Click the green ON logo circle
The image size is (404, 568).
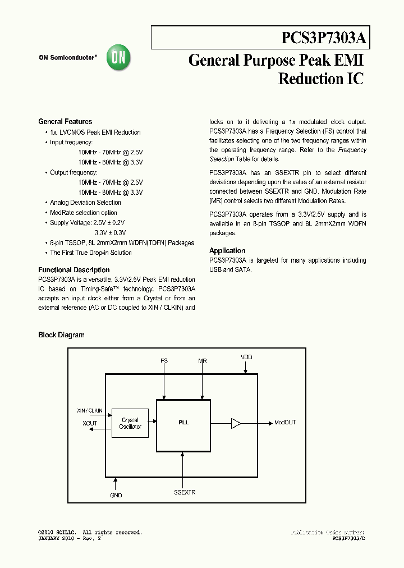(x=118, y=57)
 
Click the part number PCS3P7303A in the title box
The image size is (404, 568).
(x=324, y=39)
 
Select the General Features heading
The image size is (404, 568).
(x=65, y=121)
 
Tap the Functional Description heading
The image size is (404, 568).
(x=74, y=270)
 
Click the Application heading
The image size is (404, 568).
(x=227, y=251)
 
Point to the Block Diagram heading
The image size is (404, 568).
(x=61, y=335)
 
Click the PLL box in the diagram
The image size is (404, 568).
(x=183, y=425)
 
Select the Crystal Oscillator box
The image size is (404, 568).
(x=130, y=423)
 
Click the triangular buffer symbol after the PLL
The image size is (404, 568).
(x=236, y=423)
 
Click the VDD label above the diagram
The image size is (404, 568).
(x=246, y=357)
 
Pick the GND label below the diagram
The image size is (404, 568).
(x=116, y=495)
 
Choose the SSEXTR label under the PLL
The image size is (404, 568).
(x=185, y=492)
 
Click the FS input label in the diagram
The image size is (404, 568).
(x=164, y=360)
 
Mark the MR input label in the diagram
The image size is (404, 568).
(x=202, y=360)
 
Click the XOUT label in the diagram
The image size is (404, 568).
(x=90, y=423)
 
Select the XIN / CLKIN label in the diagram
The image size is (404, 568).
(x=90, y=411)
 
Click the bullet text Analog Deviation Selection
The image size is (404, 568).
(x=85, y=203)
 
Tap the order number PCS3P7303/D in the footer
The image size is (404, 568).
(x=348, y=538)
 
